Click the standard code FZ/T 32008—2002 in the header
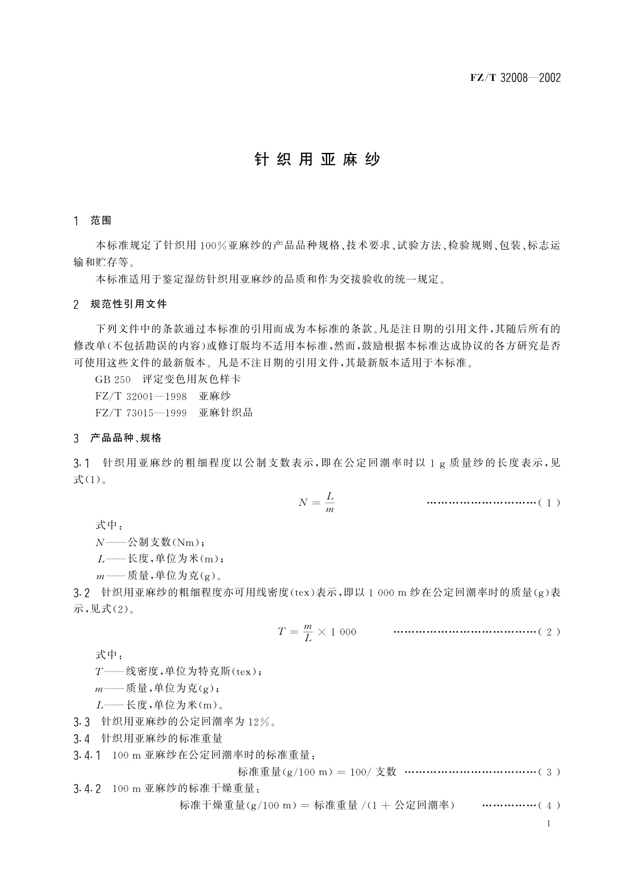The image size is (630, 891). tap(515, 78)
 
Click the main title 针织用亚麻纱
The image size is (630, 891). tap(317, 160)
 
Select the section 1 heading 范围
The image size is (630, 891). tap(101, 221)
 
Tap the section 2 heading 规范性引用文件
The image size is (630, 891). tap(129, 304)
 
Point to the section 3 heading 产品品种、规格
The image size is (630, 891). tap(126, 438)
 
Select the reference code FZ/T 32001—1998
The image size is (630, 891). tap(141, 396)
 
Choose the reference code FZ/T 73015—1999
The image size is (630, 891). tap(141, 413)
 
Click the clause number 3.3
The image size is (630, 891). tap(82, 722)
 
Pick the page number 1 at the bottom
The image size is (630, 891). tap(549, 823)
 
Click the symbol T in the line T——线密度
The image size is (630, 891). tap(99, 672)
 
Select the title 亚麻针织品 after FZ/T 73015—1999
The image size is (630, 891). tap(226, 413)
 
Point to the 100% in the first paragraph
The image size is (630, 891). tap(213, 246)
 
